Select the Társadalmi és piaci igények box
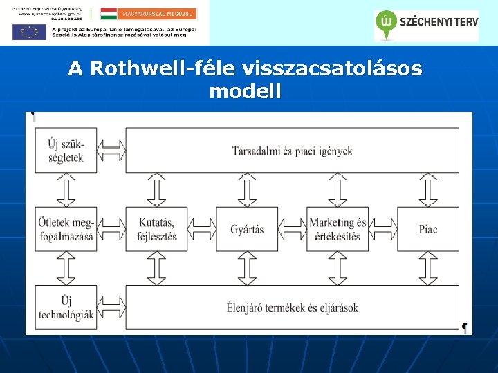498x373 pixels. [291, 151]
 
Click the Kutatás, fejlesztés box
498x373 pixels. [156, 229]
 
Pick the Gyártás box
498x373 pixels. [247, 229]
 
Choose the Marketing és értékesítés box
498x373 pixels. [337, 229]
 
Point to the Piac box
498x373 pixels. [427, 229]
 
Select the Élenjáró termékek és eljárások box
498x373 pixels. [291, 307]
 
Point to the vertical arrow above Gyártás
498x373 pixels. [247, 189]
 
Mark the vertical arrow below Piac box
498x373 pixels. [427, 268]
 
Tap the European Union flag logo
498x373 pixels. [29, 32]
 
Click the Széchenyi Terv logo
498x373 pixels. [426, 24]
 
